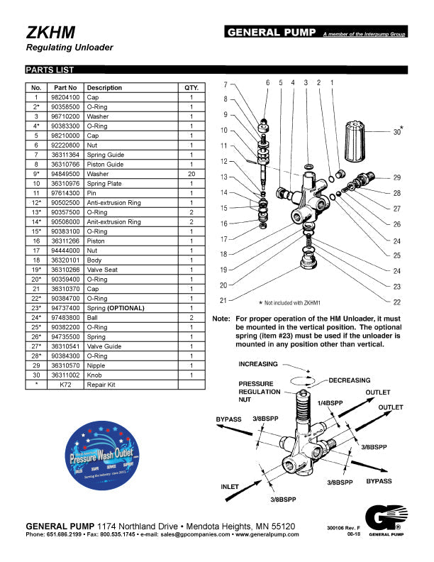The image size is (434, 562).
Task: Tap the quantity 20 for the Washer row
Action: pos(191,174)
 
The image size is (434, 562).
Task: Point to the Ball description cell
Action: pos(93,318)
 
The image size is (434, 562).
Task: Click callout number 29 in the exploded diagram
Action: pos(396,177)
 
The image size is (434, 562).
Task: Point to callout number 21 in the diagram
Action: pos(223,301)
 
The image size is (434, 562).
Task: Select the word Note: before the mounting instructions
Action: pos(221,319)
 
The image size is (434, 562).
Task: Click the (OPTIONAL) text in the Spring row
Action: pos(126,308)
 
